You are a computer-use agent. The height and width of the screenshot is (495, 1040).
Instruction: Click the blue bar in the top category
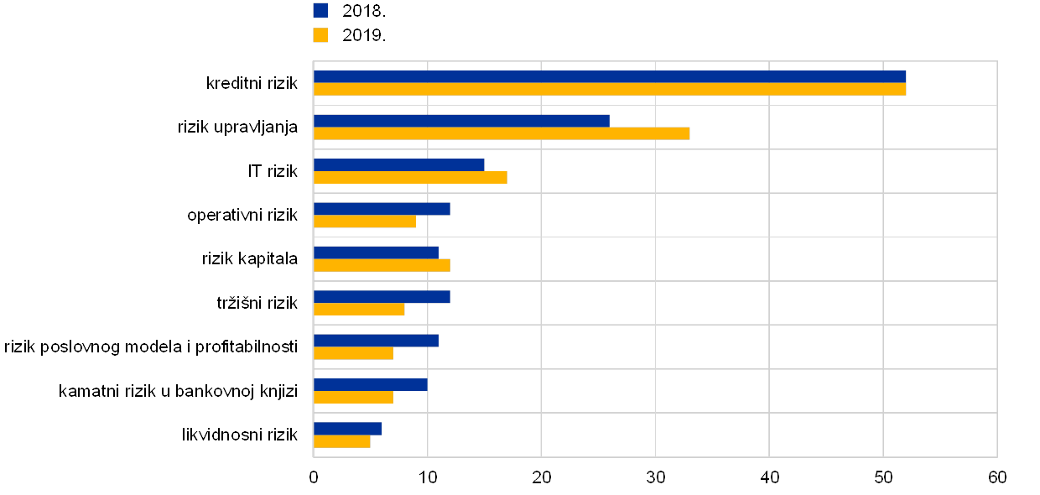point(610,77)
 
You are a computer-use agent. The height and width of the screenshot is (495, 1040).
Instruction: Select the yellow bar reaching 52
point(610,90)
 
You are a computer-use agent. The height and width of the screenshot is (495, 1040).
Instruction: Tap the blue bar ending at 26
point(461,121)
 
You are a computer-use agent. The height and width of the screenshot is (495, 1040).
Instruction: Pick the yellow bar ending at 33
point(502,133)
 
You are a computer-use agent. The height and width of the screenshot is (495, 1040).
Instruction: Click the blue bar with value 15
point(399,164)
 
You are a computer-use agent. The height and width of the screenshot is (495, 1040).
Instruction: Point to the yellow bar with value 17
point(410,177)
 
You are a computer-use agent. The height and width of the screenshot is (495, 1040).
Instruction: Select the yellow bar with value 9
point(365,221)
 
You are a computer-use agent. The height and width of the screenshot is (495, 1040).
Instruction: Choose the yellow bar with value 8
point(359,310)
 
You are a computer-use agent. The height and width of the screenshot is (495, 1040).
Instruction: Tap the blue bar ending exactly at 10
point(371,384)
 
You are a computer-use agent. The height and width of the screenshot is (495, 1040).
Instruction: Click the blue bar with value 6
point(348,429)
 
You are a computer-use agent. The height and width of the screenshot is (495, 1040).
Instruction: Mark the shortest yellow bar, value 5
point(342,441)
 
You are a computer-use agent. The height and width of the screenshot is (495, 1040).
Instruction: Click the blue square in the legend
point(320,10)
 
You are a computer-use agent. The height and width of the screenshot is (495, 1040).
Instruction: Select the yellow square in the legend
point(320,35)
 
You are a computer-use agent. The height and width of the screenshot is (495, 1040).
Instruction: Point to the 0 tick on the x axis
point(314,477)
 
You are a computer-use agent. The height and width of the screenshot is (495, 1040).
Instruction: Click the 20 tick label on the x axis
point(541,477)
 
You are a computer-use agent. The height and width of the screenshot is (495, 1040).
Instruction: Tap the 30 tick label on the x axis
point(655,477)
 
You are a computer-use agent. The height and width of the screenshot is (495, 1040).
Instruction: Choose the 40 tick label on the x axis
point(769,477)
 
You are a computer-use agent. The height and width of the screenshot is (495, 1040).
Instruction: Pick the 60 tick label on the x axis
point(996,477)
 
